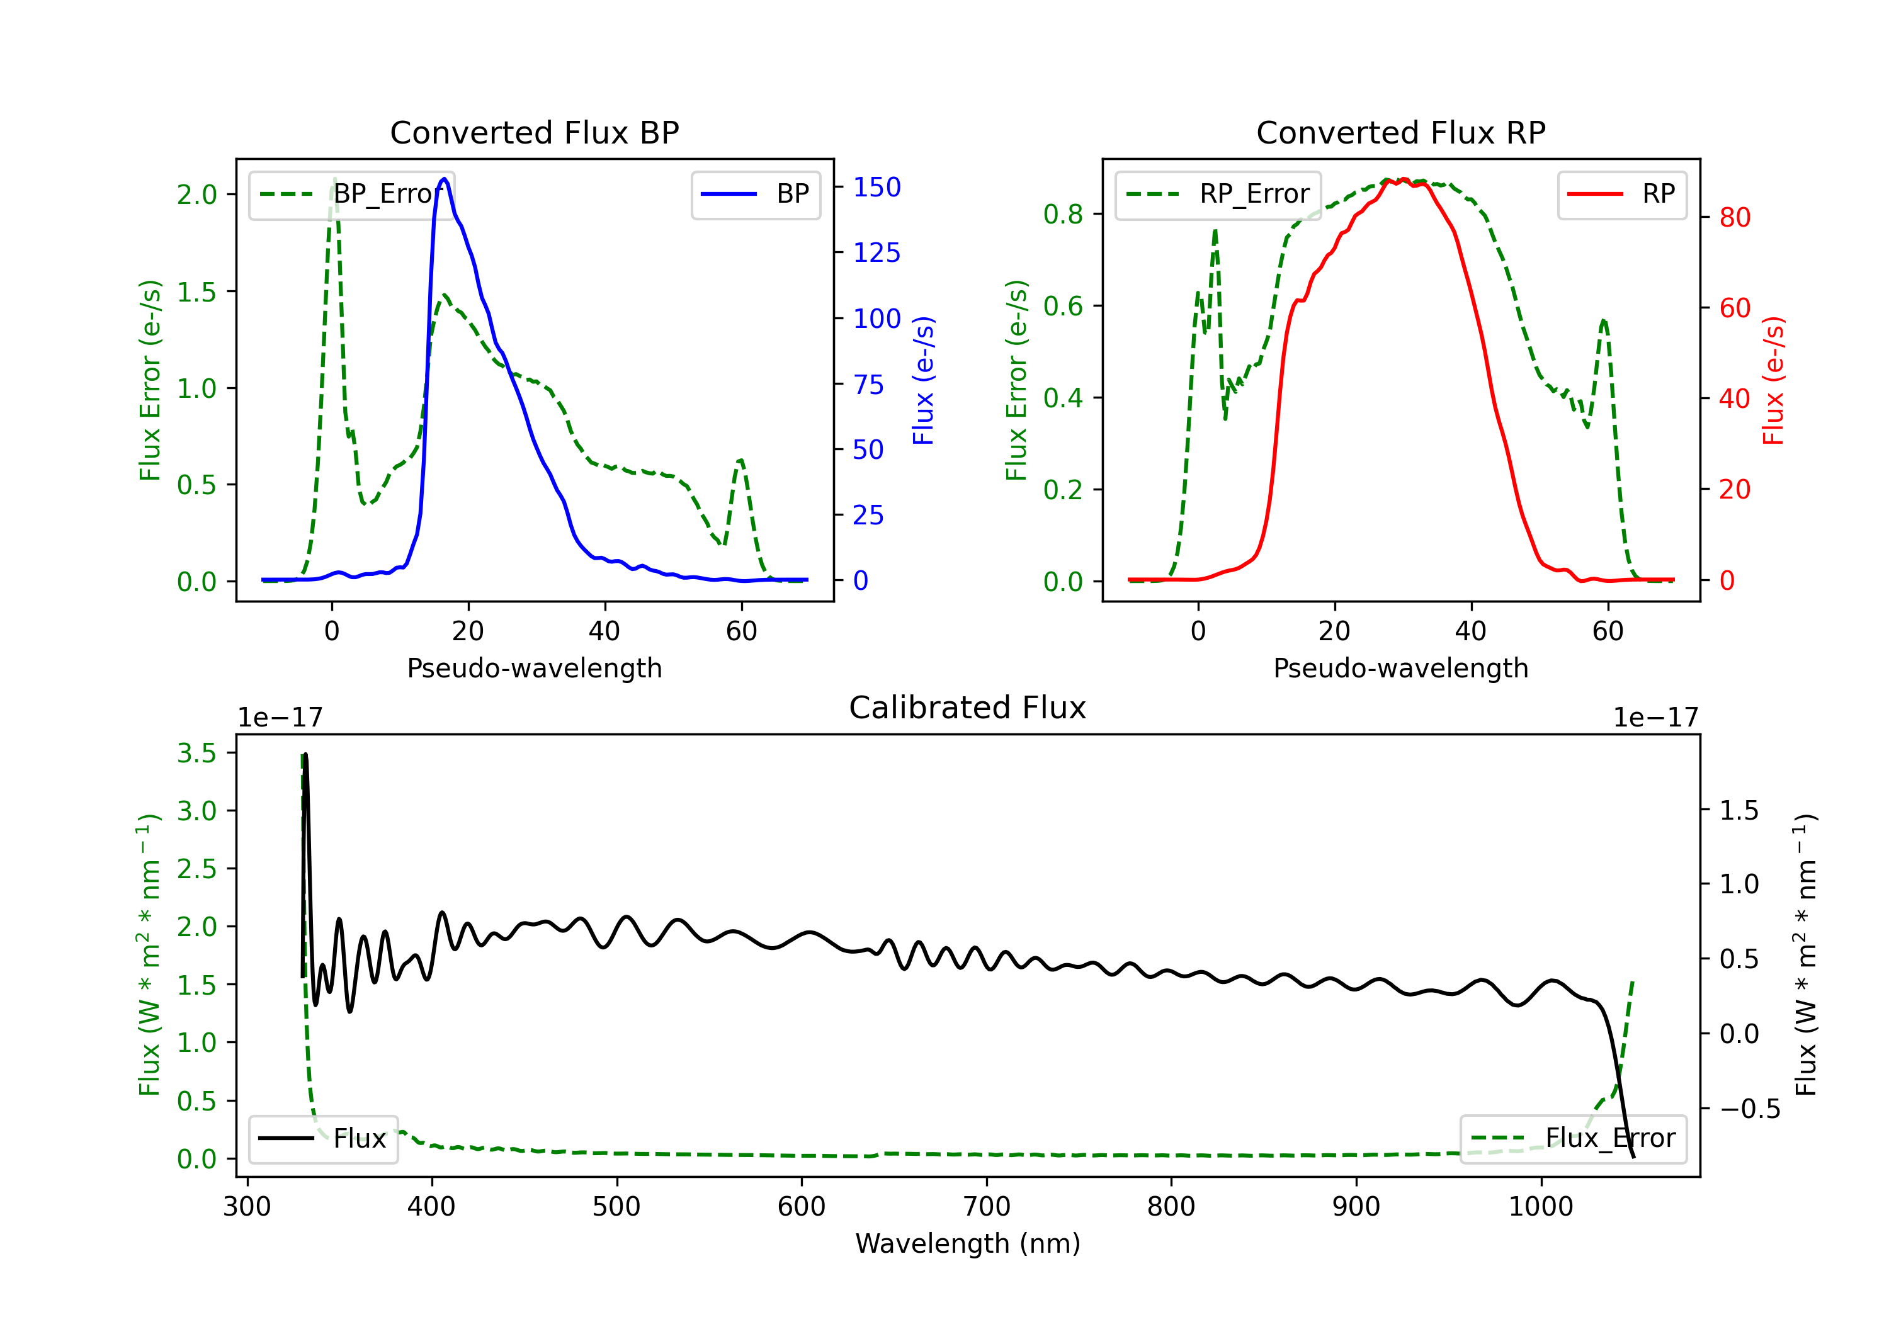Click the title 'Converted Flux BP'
[534, 132]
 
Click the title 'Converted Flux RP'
[1400, 132]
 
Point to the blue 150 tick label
[876, 188]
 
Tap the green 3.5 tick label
[196, 753]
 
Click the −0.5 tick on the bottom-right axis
[1749, 1109]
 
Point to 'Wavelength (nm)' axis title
[968, 1243]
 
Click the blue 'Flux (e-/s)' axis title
[923, 380]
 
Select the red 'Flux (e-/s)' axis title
[1773, 380]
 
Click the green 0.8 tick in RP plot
[1062, 215]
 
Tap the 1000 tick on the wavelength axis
[1540, 1207]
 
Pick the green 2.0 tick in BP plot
[196, 195]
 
